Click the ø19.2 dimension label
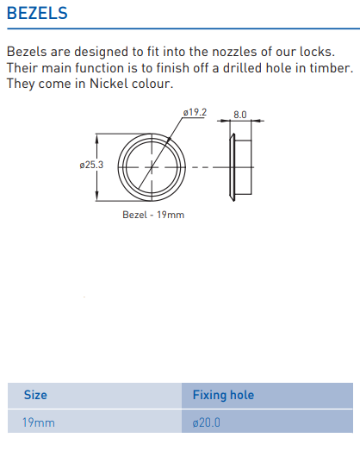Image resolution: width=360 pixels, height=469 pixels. pos(195,113)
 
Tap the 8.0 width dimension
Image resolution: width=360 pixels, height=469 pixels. pos(240,114)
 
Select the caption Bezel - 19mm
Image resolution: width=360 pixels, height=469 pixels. pos(152,215)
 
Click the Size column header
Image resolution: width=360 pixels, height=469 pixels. pos(35,395)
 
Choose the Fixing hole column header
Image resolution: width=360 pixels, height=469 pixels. pos(223,395)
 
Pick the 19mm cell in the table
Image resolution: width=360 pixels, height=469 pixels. pos(39,423)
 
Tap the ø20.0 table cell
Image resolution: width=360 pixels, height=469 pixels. pos(207,423)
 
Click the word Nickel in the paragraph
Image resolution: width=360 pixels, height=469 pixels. pos(124,84)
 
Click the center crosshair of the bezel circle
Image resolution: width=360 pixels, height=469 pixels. pos(152,166)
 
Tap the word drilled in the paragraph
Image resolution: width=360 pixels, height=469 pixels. pos(220,67)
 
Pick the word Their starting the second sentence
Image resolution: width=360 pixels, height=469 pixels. pos(22,67)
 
